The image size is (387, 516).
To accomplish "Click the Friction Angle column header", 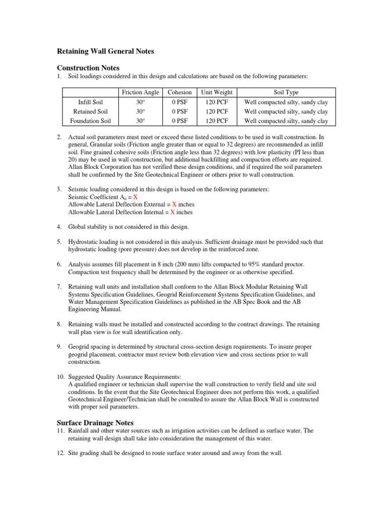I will click(141, 92).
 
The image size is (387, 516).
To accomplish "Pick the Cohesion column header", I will click(180, 92).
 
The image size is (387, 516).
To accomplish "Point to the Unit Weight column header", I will click(217, 92).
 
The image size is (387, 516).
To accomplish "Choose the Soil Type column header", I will click(286, 92).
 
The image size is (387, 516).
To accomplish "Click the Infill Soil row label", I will click(88, 102).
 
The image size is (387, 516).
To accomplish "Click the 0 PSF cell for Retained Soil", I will click(180, 111).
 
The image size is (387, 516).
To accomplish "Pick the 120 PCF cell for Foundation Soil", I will click(217, 121).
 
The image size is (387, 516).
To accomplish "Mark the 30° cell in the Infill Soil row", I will click(141, 102).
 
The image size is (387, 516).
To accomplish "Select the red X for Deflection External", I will click(174, 205).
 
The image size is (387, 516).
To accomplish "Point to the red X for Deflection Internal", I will click(173, 212).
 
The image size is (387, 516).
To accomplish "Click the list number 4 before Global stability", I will click(59, 227).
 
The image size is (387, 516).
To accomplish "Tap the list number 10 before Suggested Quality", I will click(60, 376).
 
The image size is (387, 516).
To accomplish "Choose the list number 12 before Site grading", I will click(60, 453).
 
